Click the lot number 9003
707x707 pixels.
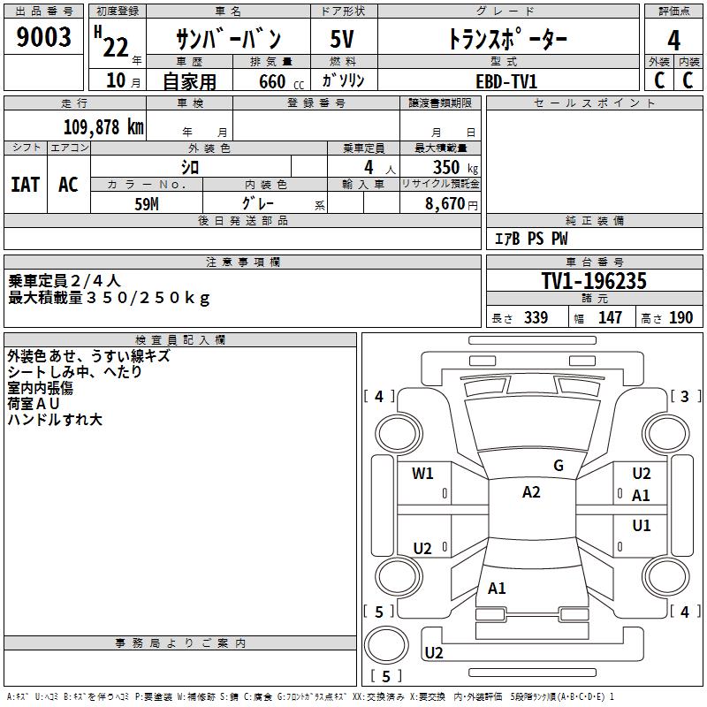(44, 38)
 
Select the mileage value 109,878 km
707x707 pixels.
(103, 126)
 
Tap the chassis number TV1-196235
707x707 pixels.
(594, 281)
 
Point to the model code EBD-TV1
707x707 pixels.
(506, 80)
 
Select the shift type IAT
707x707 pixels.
(25, 184)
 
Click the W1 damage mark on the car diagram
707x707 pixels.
(422, 474)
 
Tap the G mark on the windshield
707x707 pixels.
(559, 466)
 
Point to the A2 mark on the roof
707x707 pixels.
(531, 492)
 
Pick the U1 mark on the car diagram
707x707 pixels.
(641, 526)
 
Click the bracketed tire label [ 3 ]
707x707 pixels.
(684, 396)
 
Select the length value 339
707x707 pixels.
(536, 318)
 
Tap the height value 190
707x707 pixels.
(680, 318)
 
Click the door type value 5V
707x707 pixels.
(342, 38)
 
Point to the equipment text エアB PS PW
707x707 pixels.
(530, 239)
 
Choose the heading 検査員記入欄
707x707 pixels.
(180, 339)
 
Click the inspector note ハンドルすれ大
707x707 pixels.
(55, 420)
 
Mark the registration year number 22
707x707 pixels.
(115, 46)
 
